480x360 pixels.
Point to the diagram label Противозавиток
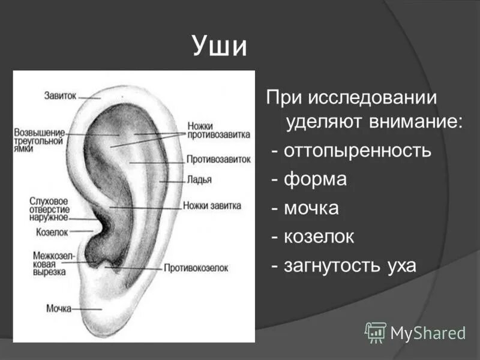[218, 160]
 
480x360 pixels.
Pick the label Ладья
[198, 179]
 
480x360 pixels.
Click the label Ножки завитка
[213, 205]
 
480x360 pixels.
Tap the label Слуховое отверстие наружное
[49, 209]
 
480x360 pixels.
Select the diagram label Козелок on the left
[52, 231]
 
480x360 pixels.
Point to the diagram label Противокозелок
[196, 268]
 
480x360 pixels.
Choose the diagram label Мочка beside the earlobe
[59, 308]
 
